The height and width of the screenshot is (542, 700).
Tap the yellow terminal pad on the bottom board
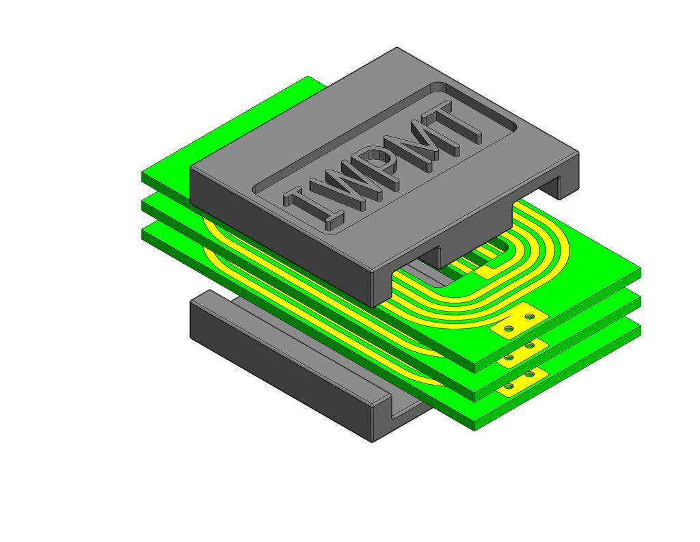pyautogui.click(x=522, y=382)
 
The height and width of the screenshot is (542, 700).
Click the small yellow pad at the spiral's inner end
pyautogui.click(x=484, y=270)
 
